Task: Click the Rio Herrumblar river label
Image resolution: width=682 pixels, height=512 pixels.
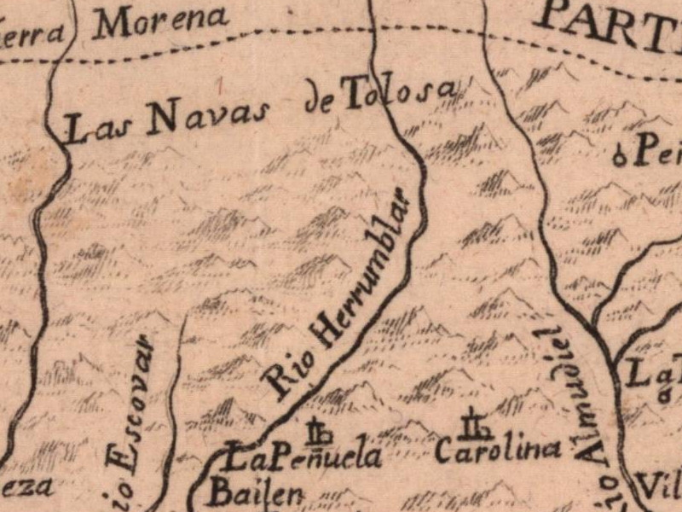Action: (341, 290)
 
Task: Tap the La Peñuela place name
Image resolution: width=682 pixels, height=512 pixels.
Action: (303, 459)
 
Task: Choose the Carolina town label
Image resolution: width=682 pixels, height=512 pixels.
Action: (498, 449)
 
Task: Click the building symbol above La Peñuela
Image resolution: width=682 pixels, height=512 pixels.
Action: (320, 432)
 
